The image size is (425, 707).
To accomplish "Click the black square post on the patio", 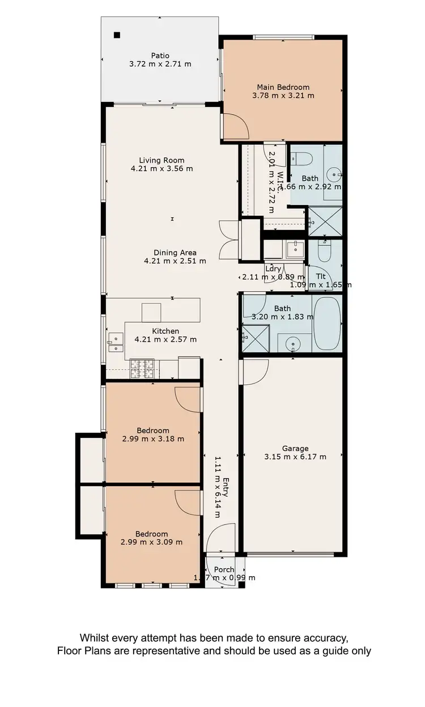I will click(x=117, y=35).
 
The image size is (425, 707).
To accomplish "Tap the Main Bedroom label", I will click(x=283, y=87).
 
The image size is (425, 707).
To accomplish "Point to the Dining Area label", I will click(x=175, y=253).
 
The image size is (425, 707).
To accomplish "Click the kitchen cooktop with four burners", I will click(x=142, y=368).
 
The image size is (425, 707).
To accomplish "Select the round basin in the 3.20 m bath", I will click(x=292, y=343).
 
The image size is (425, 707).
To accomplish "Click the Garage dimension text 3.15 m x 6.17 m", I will click(x=295, y=457).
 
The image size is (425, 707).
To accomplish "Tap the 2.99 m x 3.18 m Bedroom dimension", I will click(x=153, y=438).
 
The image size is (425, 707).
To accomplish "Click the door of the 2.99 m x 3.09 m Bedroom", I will click(x=188, y=502).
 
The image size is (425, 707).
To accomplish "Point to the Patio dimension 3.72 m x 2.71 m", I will click(x=160, y=64).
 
